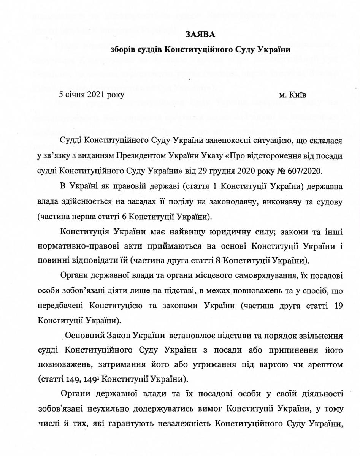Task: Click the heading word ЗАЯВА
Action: (x=200, y=35)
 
